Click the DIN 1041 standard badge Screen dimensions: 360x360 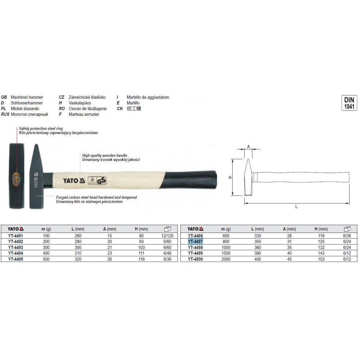point(349,103)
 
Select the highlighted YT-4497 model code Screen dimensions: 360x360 point(195,242)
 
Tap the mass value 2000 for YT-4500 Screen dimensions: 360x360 point(226,259)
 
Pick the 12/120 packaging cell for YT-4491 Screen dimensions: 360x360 point(167,236)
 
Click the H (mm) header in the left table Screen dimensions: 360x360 point(141,229)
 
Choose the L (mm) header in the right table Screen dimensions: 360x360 point(258,229)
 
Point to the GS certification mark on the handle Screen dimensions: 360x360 point(102,181)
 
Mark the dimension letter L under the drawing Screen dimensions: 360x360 point(296,207)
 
